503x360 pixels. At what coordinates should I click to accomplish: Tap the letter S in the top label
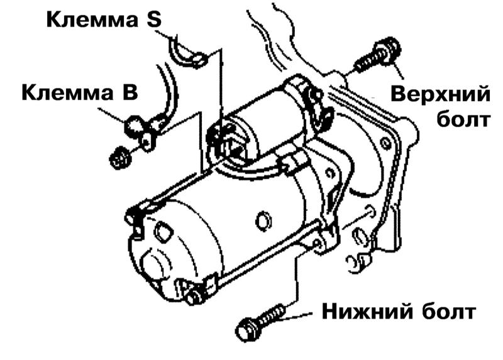[x=154, y=19]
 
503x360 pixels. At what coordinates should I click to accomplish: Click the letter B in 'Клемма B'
[x=129, y=92]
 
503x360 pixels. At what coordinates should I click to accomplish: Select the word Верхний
[x=441, y=95]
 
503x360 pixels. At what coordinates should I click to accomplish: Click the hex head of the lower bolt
[x=247, y=329]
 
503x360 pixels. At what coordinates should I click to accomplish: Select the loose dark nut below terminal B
[x=120, y=158]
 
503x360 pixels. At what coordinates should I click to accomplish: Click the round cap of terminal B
[x=133, y=124]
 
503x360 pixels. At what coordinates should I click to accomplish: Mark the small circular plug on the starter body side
[x=263, y=221]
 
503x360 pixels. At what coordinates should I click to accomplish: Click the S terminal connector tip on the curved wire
[x=199, y=60]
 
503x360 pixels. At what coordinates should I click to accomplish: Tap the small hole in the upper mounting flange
[x=385, y=143]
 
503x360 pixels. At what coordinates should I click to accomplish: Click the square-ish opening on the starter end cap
[x=162, y=231]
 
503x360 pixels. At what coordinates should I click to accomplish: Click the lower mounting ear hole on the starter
[x=317, y=243]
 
